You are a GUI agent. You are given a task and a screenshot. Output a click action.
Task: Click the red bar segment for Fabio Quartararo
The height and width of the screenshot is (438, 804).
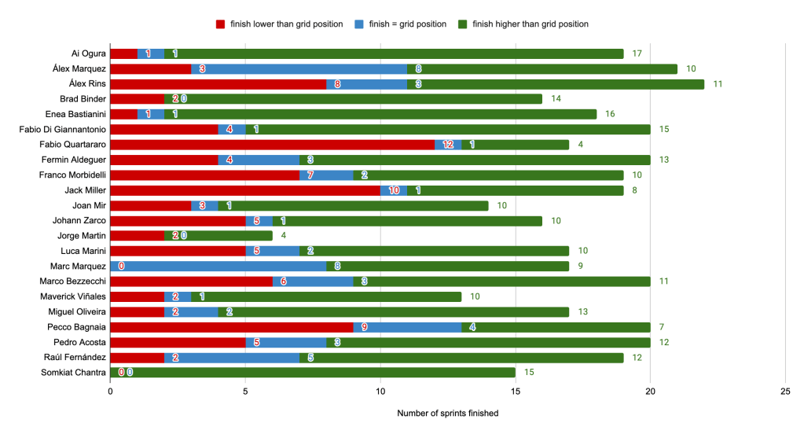[271, 145]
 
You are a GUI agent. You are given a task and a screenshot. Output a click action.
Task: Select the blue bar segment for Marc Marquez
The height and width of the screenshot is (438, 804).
[218, 267]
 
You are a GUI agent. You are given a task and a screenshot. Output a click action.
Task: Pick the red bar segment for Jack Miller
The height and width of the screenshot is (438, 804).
[244, 190]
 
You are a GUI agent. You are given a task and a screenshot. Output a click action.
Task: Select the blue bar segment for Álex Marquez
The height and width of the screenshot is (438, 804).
[299, 69]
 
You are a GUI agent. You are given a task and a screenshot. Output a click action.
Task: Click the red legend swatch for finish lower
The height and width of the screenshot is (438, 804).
[221, 24]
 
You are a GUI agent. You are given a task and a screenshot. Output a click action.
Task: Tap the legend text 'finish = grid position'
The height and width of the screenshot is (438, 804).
[407, 24]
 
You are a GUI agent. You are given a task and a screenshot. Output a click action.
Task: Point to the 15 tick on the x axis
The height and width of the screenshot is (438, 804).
[515, 390]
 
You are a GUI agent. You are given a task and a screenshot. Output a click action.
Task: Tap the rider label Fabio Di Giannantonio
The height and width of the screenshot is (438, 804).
[62, 130]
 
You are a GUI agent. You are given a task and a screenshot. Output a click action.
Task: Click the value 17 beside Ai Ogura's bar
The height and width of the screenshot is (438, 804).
[637, 53]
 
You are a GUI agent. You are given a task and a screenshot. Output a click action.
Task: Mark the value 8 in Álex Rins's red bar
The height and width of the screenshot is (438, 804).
[337, 84]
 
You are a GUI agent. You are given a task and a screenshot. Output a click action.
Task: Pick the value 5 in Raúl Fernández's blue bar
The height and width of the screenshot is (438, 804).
[310, 358]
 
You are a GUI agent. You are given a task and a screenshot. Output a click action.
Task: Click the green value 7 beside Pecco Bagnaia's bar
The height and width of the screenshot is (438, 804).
[663, 327]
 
